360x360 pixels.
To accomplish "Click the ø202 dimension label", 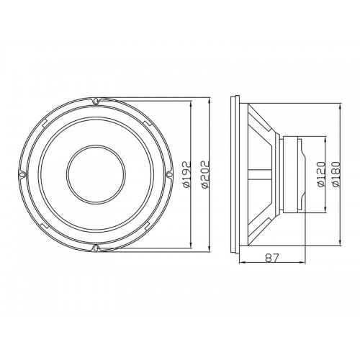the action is click(206, 174).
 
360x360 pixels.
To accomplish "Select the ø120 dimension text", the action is click(321, 174).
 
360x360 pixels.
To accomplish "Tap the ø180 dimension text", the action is click(336, 174).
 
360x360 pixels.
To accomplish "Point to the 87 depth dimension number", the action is click(272, 258).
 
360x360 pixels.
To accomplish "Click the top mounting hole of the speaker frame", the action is click(96, 101).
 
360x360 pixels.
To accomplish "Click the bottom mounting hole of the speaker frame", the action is click(96, 248).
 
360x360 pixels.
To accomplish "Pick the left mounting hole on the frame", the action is click(22, 174).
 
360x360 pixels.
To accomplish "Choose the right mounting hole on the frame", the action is click(169, 174).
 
